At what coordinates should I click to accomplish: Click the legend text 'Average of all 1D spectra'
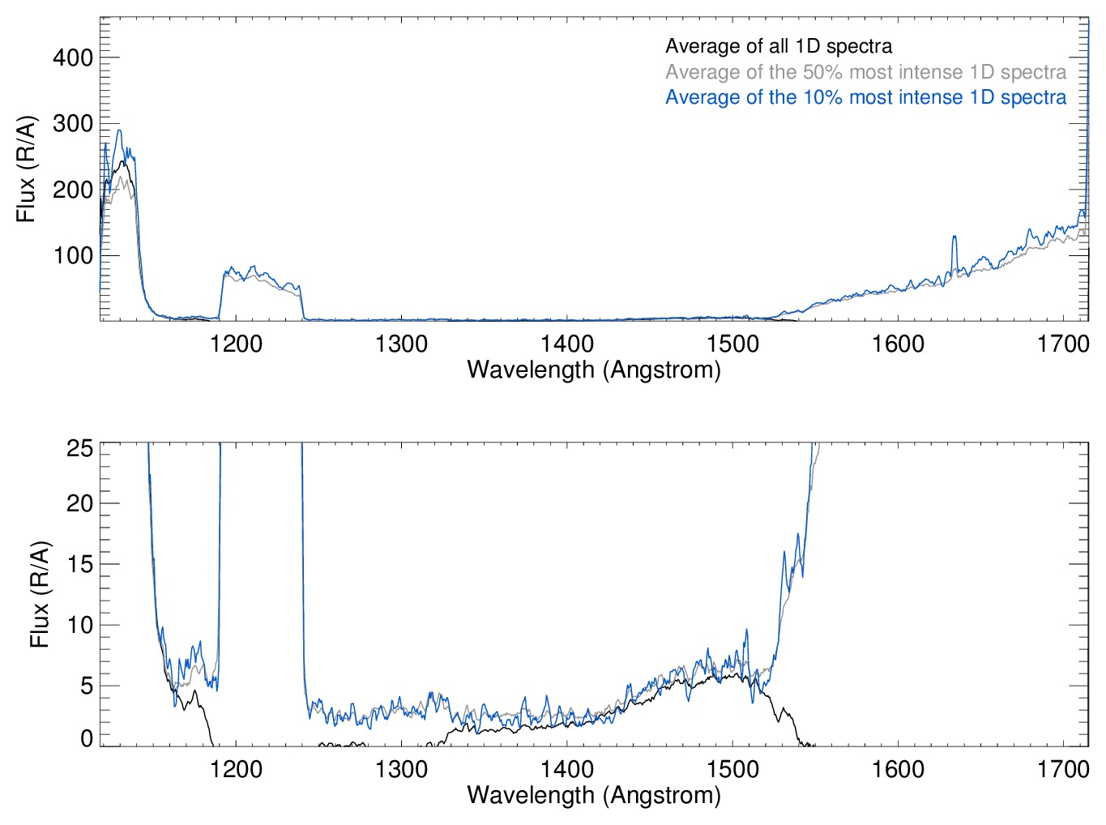point(779,47)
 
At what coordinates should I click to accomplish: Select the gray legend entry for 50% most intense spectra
point(865,72)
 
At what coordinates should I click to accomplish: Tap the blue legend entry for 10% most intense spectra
point(865,97)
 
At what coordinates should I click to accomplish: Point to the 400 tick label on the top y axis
point(73,58)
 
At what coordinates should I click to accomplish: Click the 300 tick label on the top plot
point(73,124)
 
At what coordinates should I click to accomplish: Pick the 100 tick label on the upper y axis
point(73,256)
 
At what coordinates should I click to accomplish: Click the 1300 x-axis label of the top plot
point(401,344)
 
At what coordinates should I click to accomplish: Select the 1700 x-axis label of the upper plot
point(1063,344)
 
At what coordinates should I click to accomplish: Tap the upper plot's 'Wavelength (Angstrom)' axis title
point(594,370)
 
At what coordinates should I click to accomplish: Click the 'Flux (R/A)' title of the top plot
point(27,169)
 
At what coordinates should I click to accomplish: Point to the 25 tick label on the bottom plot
point(79,448)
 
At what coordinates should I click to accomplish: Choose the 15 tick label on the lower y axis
point(79,565)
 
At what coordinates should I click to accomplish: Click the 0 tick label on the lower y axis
point(87,738)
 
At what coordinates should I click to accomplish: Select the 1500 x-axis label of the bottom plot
point(732,769)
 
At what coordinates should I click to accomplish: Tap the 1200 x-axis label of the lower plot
point(236,769)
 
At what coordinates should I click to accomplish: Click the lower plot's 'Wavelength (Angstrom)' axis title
point(594,795)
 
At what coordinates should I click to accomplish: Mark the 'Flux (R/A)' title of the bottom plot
point(40,594)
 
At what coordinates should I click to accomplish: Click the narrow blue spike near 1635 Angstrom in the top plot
point(954,237)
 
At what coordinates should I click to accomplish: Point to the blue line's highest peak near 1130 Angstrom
point(119,130)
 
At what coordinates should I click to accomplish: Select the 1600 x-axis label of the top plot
point(898,344)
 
